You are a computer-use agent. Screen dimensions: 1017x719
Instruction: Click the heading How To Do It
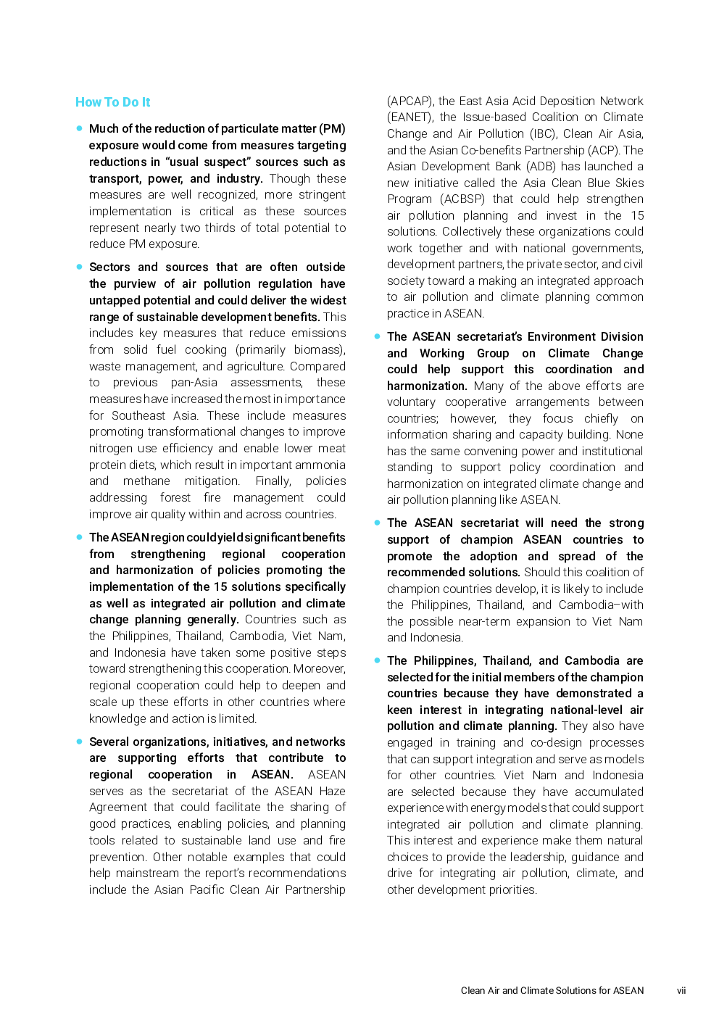112,102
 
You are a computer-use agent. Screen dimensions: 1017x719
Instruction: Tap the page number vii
681,990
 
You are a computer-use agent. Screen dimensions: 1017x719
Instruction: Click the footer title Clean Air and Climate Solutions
552,990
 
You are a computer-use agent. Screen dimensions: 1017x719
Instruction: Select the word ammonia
323,465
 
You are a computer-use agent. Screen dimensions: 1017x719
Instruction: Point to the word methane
146,481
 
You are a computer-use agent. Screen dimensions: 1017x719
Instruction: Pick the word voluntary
411,402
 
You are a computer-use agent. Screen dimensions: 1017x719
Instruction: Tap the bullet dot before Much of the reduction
79,128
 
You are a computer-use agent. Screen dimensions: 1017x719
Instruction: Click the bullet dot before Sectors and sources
79,267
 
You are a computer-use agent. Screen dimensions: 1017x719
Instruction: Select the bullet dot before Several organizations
79,742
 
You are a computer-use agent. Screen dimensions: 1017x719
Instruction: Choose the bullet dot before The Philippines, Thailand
377,660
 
